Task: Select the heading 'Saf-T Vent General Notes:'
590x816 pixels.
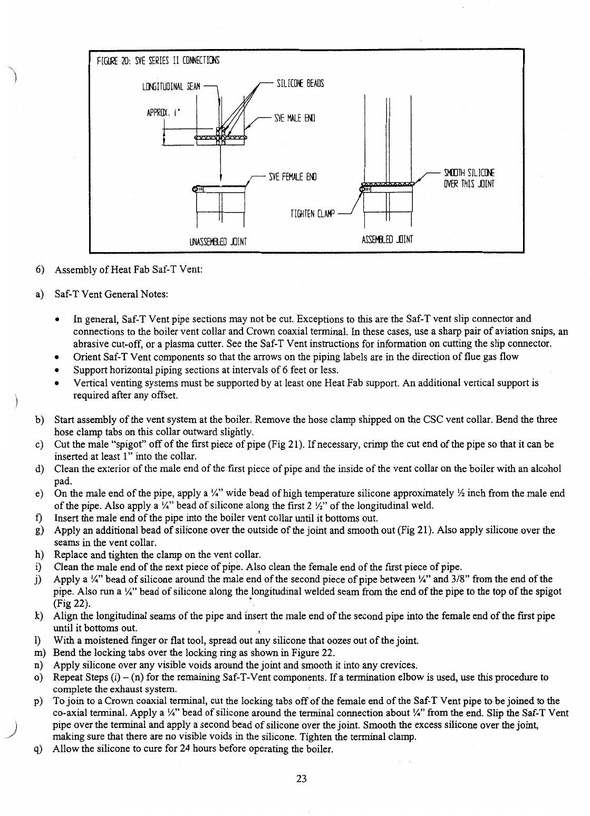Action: tap(111, 293)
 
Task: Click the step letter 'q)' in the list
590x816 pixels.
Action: tap(38, 749)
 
